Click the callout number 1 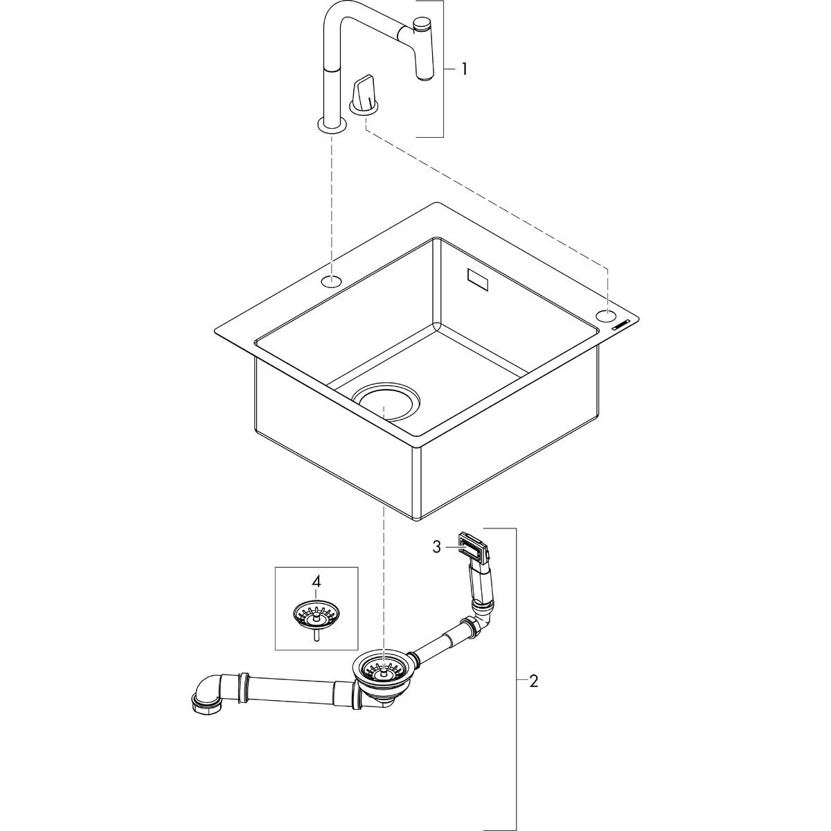coord(465,69)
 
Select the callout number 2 coord(533,681)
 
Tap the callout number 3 coord(436,547)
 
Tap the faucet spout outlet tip coord(424,75)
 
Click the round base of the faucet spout coord(332,125)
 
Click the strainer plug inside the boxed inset coord(316,613)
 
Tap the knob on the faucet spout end coord(421,26)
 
